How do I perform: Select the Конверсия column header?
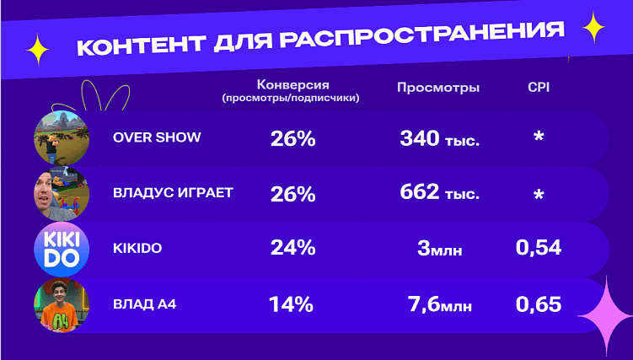(x=292, y=86)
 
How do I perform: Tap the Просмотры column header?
(x=437, y=87)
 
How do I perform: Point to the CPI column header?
(x=538, y=87)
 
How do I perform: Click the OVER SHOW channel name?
(x=157, y=137)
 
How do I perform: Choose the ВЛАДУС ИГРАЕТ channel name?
(x=173, y=192)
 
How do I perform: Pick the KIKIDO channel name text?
(x=137, y=248)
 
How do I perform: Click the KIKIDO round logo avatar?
(x=61, y=249)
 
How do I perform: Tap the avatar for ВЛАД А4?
(x=61, y=305)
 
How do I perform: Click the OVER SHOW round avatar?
(x=61, y=137)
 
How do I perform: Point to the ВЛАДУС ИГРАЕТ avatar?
(x=61, y=193)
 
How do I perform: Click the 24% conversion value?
(x=292, y=248)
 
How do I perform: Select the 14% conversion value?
(x=291, y=304)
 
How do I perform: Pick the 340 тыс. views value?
(x=439, y=137)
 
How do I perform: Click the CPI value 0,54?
(x=538, y=248)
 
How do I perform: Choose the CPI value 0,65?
(x=538, y=304)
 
